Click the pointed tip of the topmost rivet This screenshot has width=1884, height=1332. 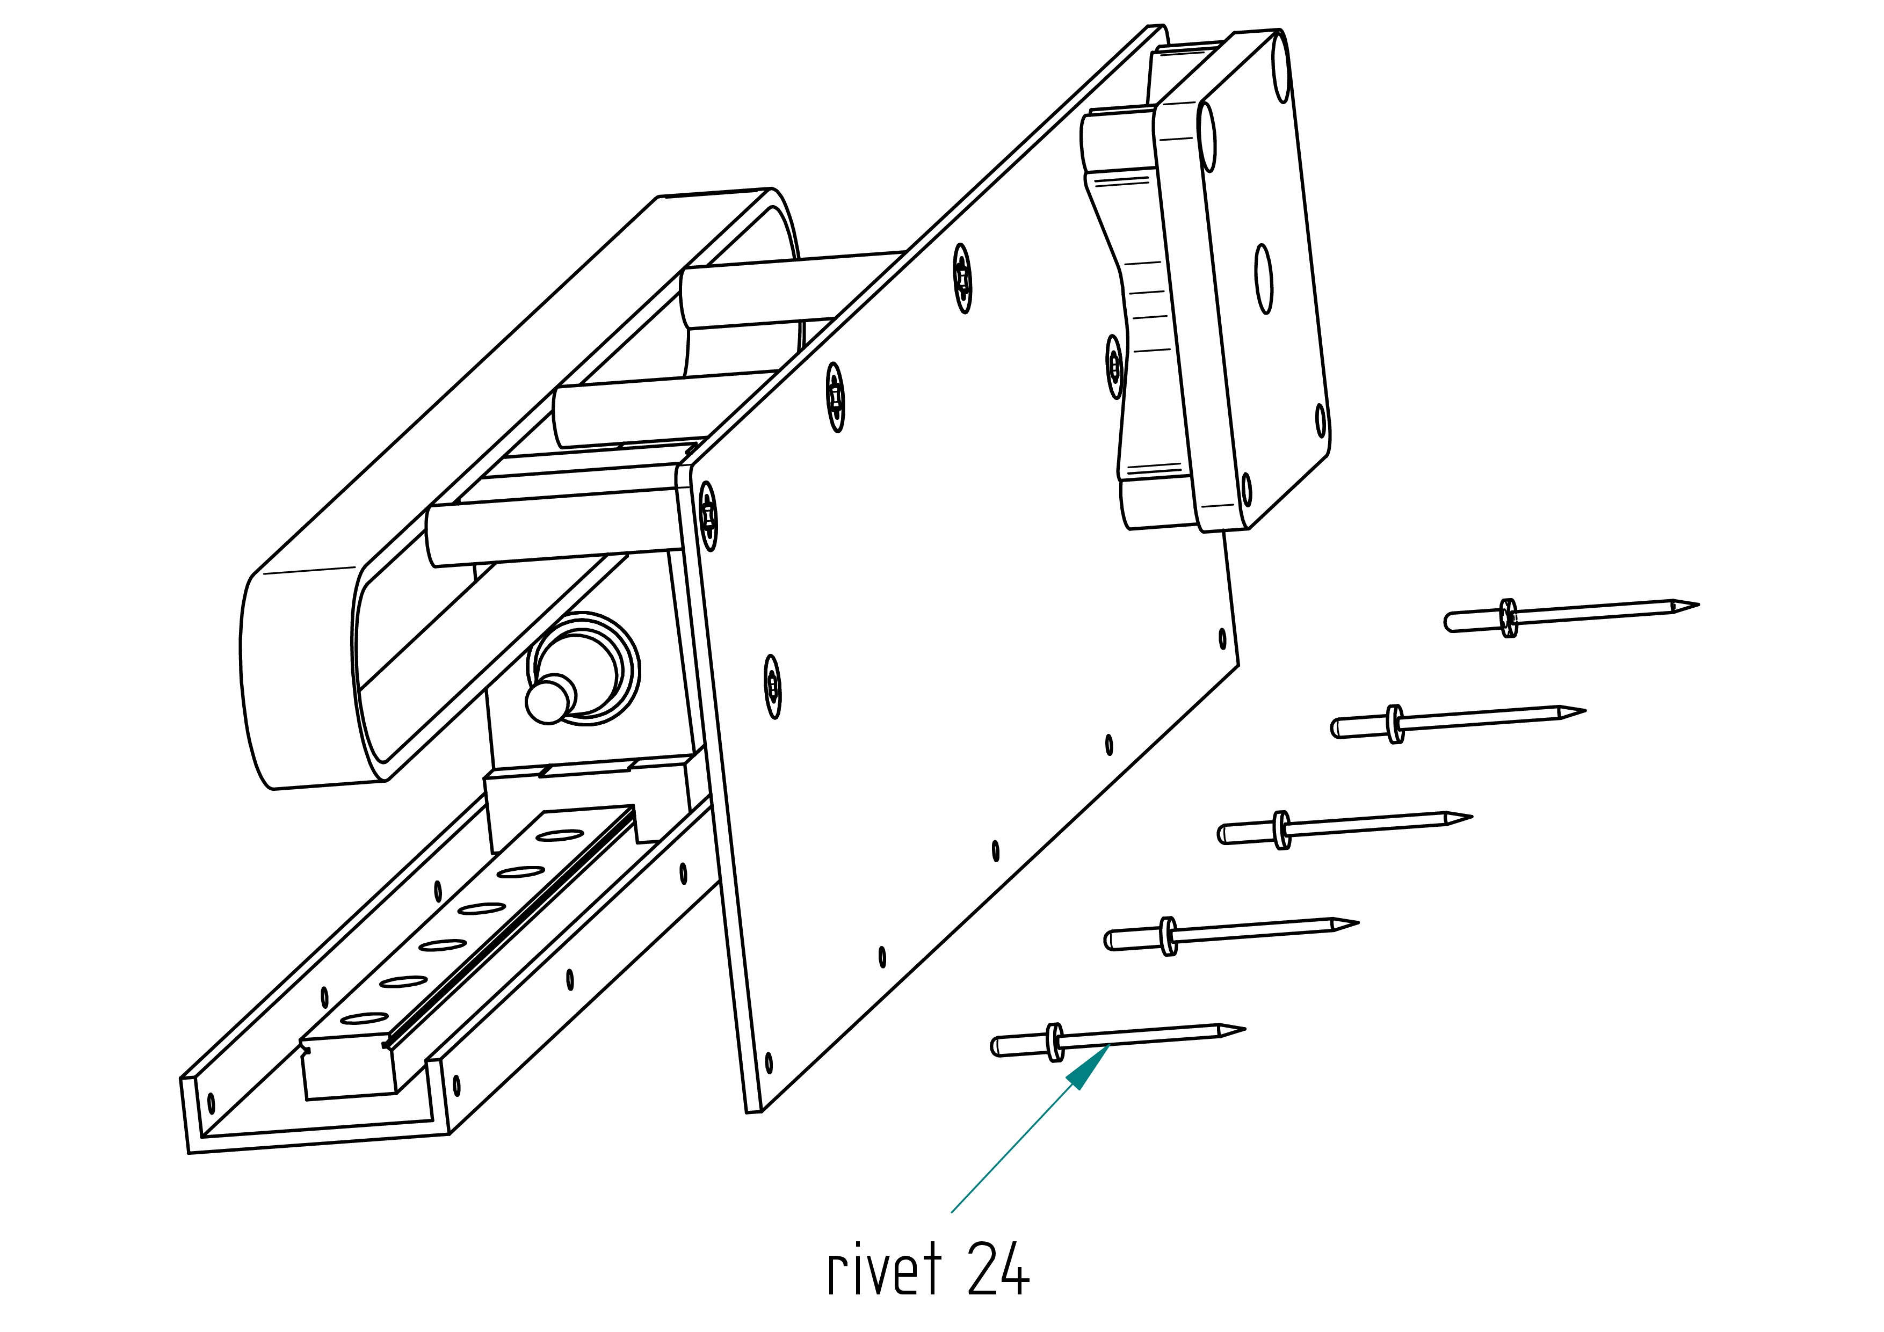point(1698,605)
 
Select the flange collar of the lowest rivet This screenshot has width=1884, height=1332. point(1055,1043)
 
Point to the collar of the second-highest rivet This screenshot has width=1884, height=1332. point(1395,724)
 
